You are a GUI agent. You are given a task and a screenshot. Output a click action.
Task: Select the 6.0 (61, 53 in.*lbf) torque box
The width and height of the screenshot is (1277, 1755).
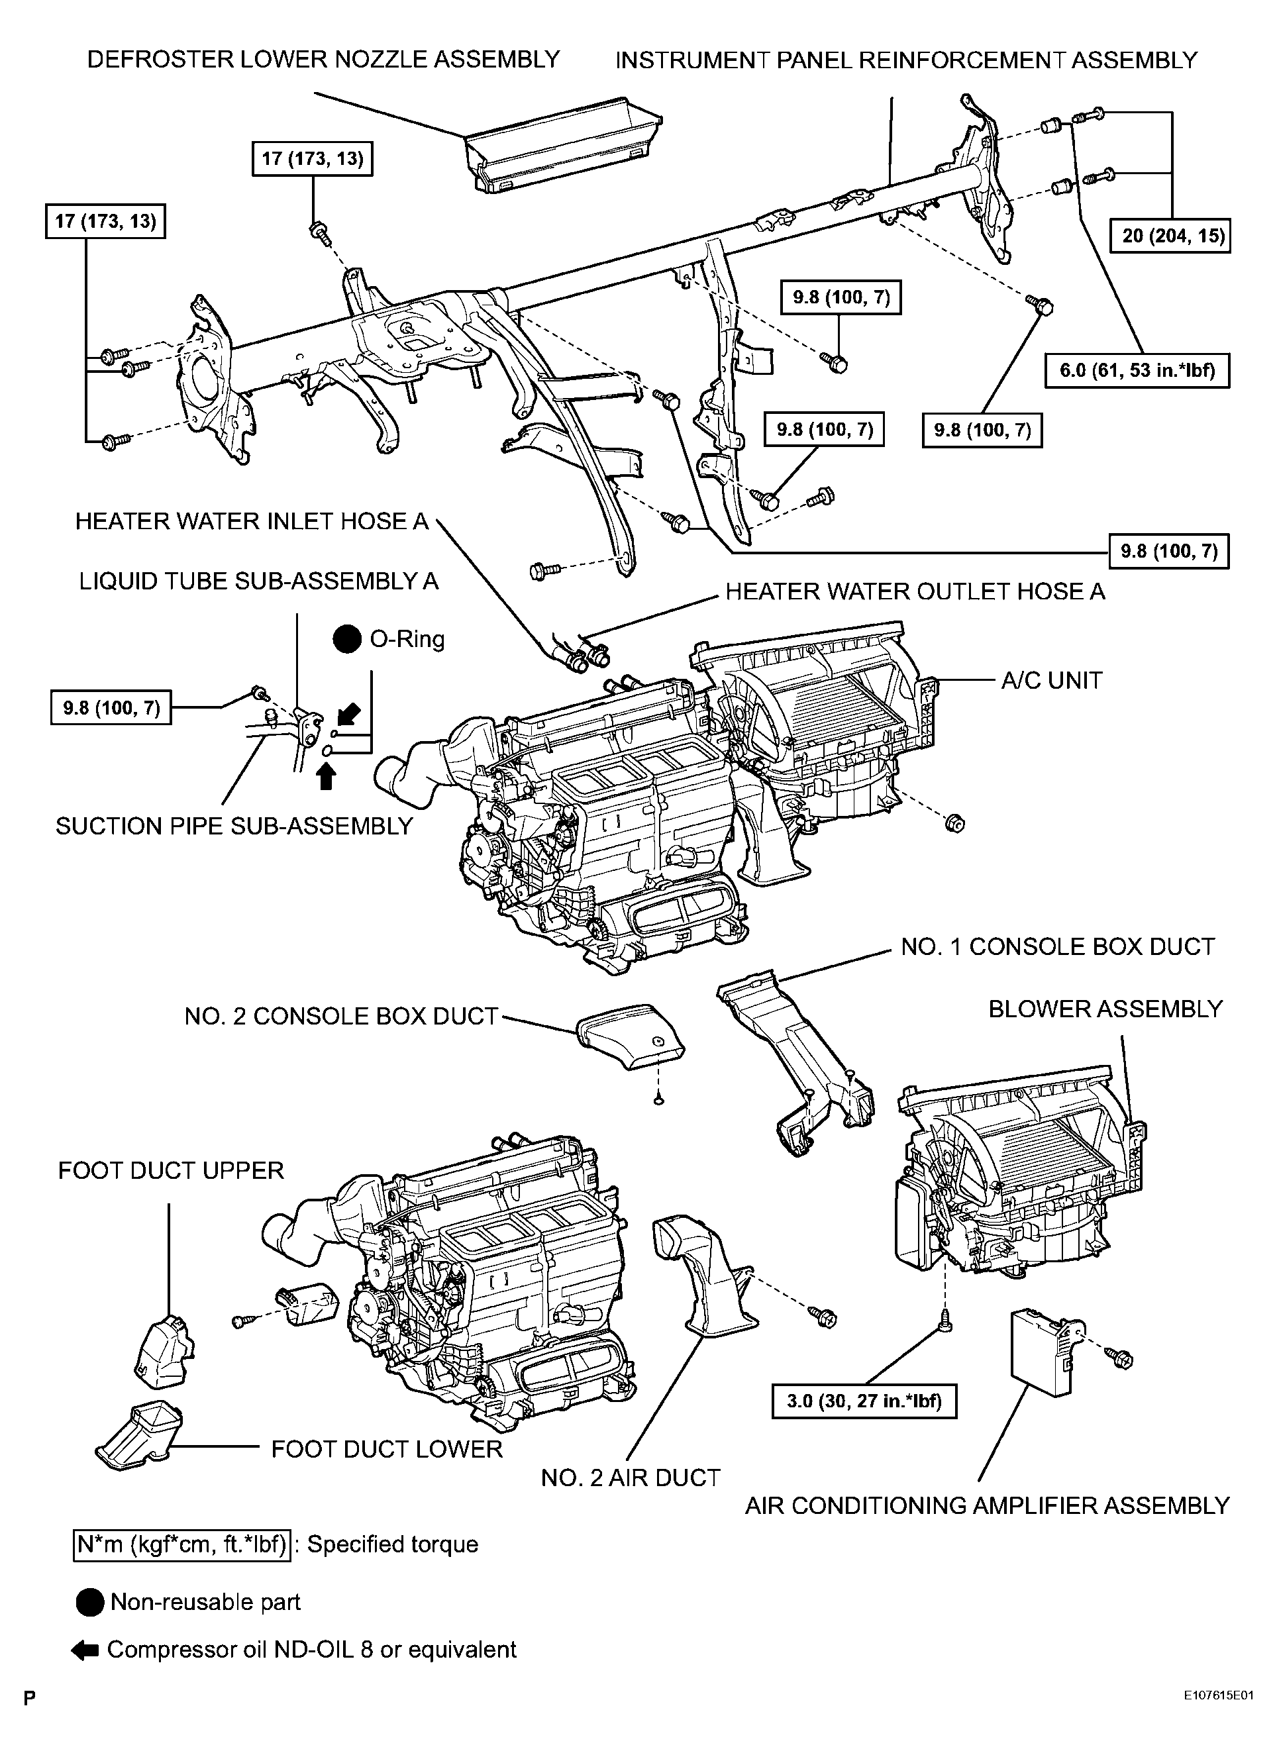tap(1137, 370)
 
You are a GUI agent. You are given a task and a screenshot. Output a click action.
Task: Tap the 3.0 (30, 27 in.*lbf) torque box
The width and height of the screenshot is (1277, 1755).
tap(864, 1401)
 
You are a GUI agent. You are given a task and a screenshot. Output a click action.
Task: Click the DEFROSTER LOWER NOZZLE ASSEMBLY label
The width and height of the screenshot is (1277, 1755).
tap(323, 60)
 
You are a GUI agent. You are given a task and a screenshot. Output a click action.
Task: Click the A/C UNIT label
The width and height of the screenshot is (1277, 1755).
tap(1052, 680)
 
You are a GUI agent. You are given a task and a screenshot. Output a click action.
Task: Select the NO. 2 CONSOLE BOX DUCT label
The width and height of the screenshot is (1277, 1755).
tap(340, 1016)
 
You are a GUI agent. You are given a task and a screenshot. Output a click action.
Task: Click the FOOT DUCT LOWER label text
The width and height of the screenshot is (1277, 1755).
tap(387, 1449)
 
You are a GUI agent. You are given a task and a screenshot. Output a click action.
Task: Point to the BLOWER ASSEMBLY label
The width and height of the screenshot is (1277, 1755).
tap(1106, 1009)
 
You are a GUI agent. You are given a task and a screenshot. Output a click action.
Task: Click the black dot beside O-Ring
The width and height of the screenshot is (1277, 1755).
tap(348, 639)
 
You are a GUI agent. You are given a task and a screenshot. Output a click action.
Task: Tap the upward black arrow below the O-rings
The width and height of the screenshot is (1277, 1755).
tap(327, 776)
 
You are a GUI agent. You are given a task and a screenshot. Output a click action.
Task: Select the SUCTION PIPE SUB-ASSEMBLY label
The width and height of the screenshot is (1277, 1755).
tap(234, 827)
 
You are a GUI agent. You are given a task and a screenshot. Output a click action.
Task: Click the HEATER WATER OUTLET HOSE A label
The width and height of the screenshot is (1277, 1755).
tap(915, 592)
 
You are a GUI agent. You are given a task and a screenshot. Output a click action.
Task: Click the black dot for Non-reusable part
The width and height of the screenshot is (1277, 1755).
tap(91, 1603)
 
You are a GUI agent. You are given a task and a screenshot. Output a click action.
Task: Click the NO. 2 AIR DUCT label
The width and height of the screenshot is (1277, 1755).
tap(631, 1478)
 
